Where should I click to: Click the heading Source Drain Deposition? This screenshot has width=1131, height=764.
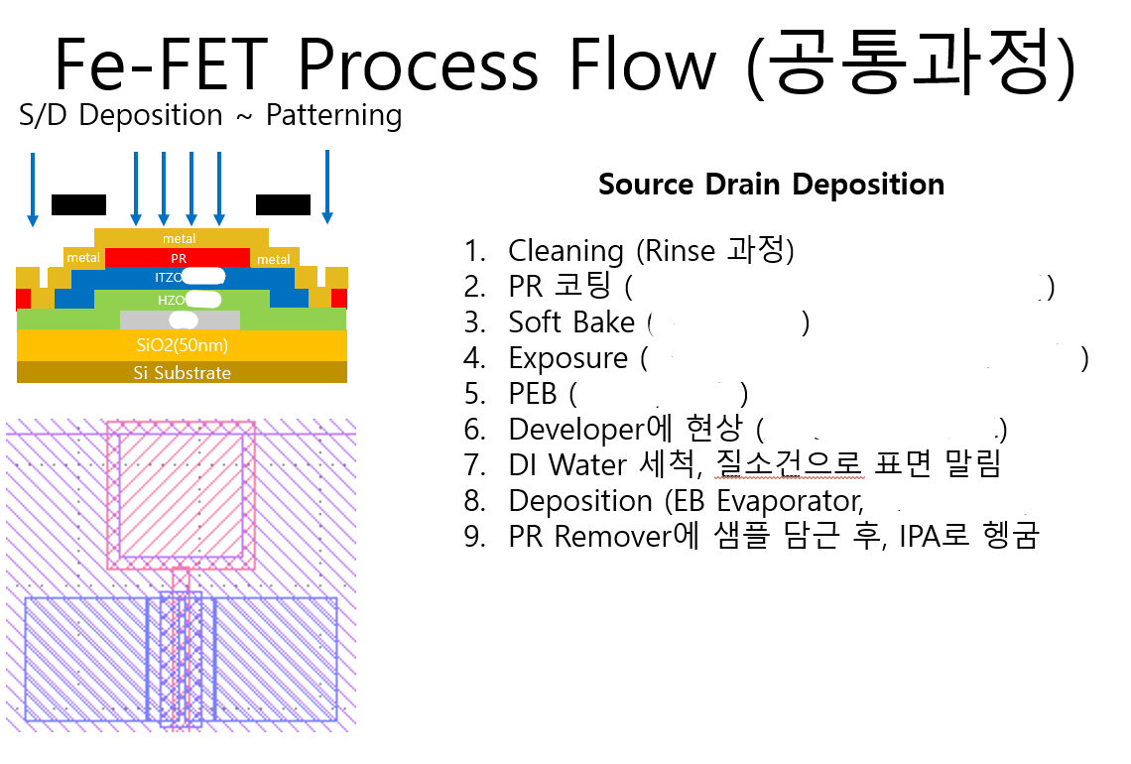tap(771, 185)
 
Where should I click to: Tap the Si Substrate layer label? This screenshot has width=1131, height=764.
tap(182, 373)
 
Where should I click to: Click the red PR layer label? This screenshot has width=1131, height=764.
tap(180, 258)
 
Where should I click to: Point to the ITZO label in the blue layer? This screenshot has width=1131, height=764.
tap(167, 277)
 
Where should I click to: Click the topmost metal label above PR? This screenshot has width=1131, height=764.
tap(180, 238)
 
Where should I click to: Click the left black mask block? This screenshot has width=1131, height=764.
tap(78, 205)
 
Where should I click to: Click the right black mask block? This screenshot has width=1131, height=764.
tap(283, 205)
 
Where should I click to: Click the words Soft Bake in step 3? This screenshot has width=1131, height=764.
tap(571, 322)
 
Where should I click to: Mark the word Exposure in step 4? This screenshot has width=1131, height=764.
tap(567, 358)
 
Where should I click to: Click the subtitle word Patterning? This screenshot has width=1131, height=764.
tap(333, 116)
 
